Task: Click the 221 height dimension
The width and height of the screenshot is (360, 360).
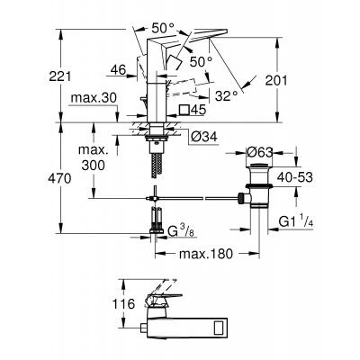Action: pyautogui.click(x=60, y=76)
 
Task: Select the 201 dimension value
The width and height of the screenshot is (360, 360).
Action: pyautogui.click(x=276, y=80)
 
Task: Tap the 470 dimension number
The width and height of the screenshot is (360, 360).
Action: pyautogui.click(x=59, y=179)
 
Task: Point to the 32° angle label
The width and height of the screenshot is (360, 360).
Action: pyautogui.click(x=227, y=96)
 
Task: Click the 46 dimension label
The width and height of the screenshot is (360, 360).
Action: pyautogui.click(x=118, y=70)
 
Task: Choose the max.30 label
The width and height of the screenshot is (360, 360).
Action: pyautogui.click(x=94, y=98)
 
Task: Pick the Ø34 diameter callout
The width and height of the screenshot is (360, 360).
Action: pyautogui.click(x=203, y=137)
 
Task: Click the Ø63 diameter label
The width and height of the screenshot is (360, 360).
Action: pyautogui.click(x=259, y=153)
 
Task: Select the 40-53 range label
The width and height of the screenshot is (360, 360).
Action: pyautogui.click(x=295, y=177)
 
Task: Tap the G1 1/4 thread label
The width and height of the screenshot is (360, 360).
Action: pyautogui.click(x=296, y=222)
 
